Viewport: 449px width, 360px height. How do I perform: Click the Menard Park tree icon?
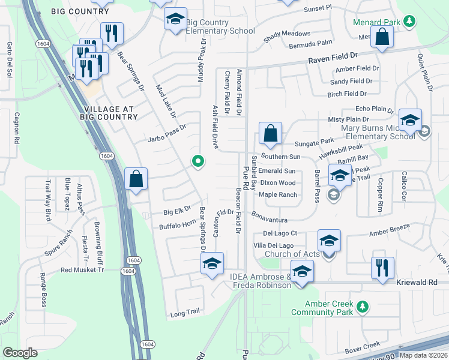click(409, 22)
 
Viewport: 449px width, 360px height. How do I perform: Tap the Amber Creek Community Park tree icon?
click(362, 307)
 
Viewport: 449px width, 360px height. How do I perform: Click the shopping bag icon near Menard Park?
click(382, 37)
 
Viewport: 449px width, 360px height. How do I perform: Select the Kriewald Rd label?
click(421, 281)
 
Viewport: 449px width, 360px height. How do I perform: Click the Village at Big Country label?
click(111, 113)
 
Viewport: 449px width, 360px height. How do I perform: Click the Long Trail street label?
click(184, 313)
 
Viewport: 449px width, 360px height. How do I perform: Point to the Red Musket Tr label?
click(82, 270)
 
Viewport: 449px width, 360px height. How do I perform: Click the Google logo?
click(20, 353)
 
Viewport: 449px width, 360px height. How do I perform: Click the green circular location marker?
click(197, 161)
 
